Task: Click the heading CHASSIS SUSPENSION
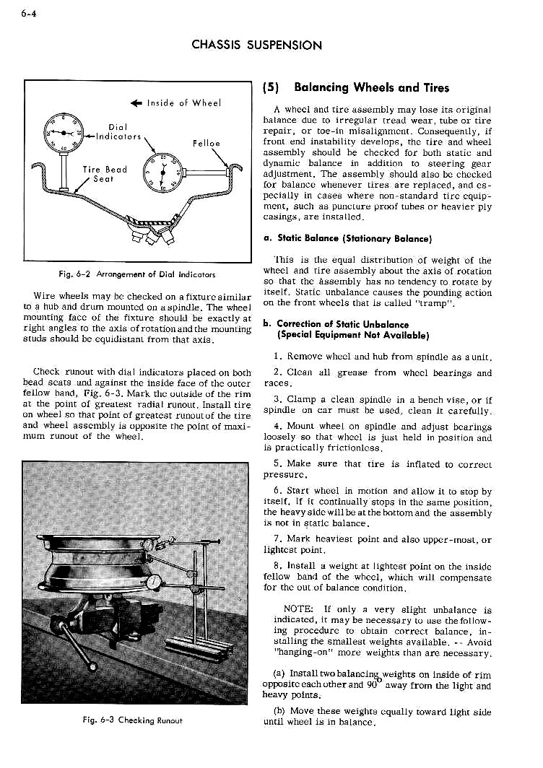click(x=256, y=45)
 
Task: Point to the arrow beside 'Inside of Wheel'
click(x=136, y=103)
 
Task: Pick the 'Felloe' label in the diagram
click(x=206, y=143)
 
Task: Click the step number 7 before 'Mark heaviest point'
click(x=278, y=538)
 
